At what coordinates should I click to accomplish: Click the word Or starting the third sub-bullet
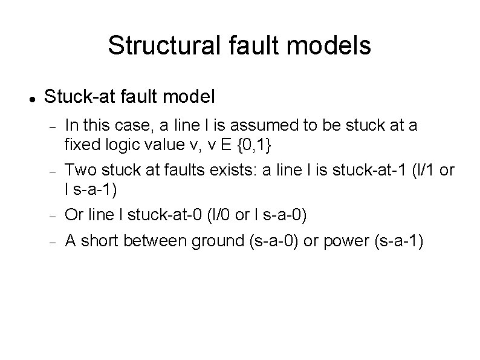[74, 214]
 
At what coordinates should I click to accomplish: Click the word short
[99, 241]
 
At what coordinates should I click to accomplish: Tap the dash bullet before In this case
[53, 127]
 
